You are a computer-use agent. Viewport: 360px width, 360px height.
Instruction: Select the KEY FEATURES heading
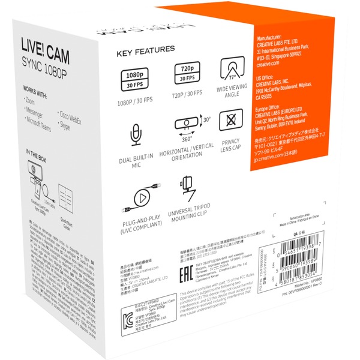pyautogui.click(x=146, y=49)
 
